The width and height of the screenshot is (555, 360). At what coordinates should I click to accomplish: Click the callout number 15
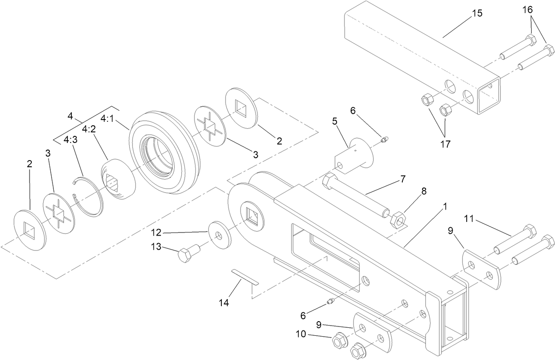[477, 13]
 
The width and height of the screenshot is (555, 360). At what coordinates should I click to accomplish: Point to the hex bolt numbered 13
[188, 254]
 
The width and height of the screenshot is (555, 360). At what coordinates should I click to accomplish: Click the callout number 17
[446, 144]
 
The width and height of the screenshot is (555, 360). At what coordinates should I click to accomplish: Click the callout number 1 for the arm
[445, 206]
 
